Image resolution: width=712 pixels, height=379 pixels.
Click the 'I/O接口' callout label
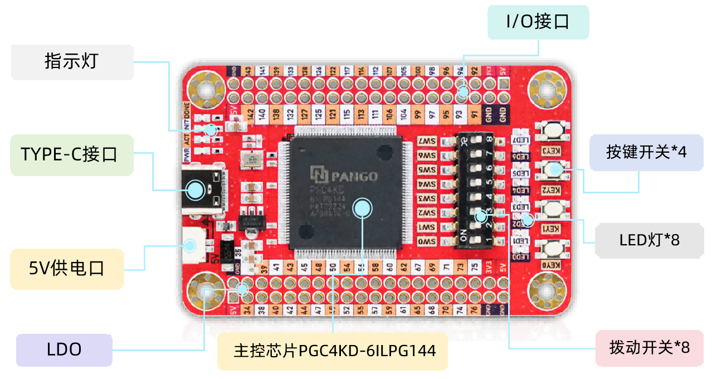coord(538,22)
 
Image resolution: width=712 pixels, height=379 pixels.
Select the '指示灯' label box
coord(71,61)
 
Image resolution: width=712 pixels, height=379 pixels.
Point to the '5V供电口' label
coord(67,269)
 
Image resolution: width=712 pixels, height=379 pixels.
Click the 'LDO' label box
coord(64,349)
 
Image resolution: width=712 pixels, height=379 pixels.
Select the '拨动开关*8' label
coord(650,348)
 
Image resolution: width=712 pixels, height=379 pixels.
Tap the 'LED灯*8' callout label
coord(650,240)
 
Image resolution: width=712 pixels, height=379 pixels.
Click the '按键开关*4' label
coord(646,152)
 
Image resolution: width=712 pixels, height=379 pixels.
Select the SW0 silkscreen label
coord(427,242)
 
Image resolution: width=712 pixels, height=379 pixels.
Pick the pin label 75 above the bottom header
coord(474,268)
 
